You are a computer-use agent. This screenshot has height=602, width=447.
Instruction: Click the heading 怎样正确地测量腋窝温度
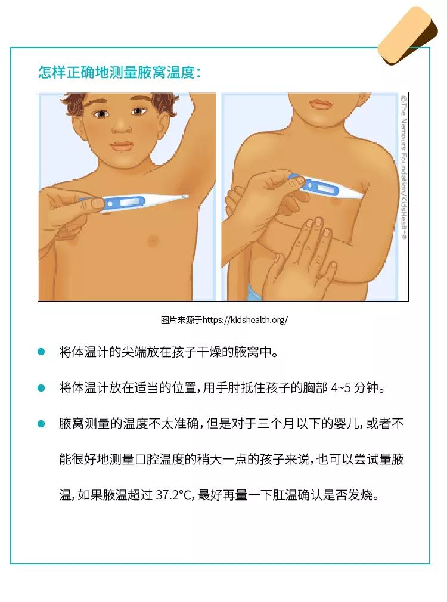[119, 72]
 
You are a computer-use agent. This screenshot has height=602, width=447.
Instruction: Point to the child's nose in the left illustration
[121, 126]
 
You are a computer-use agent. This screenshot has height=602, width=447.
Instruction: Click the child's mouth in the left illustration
[123, 146]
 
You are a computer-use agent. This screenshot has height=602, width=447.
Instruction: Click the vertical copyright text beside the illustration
[403, 167]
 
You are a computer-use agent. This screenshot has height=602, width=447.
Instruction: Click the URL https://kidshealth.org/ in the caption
[245, 320]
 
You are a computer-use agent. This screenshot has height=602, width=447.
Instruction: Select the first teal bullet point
[41, 352]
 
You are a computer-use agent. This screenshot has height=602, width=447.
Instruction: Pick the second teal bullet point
[41, 388]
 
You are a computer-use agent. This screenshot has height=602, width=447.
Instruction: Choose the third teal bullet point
[41, 424]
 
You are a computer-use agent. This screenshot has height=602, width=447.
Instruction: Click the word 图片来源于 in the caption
[181, 320]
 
